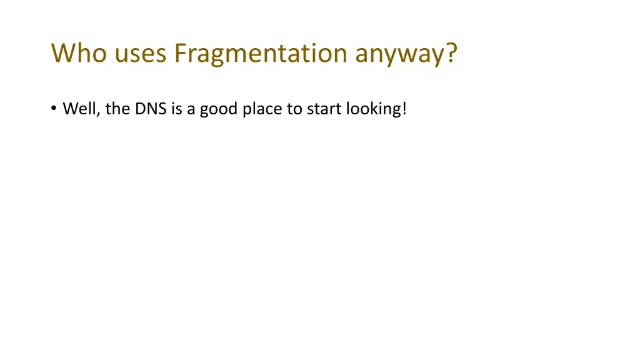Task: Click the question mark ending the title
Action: click(451, 53)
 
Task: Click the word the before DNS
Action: click(117, 109)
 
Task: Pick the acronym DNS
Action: click(149, 109)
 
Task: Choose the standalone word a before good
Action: click(191, 110)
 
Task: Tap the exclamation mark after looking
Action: click(404, 109)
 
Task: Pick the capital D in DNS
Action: click(139, 109)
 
